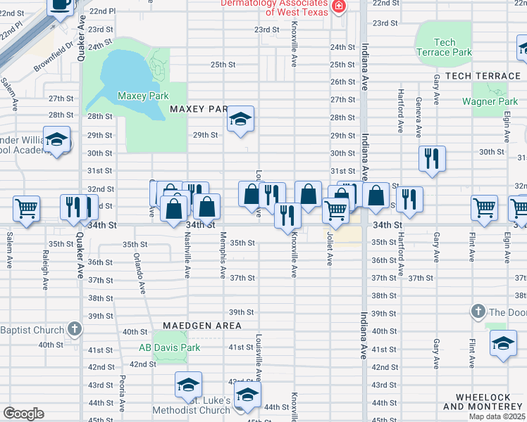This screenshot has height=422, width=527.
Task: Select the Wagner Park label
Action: tap(490, 101)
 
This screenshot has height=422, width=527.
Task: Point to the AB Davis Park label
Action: tap(169, 347)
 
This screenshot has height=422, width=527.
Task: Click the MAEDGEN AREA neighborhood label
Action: tap(202, 326)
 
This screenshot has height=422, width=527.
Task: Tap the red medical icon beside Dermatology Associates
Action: tap(339, 7)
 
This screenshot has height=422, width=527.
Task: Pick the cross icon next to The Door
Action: tap(478, 312)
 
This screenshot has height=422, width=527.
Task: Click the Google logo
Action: tap(23, 414)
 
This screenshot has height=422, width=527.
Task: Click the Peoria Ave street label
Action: tap(123, 393)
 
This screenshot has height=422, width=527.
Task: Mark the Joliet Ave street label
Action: tap(329, 250)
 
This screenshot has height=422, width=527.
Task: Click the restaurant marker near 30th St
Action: tap(430, 159)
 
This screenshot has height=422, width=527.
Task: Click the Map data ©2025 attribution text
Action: tap(497, 416)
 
